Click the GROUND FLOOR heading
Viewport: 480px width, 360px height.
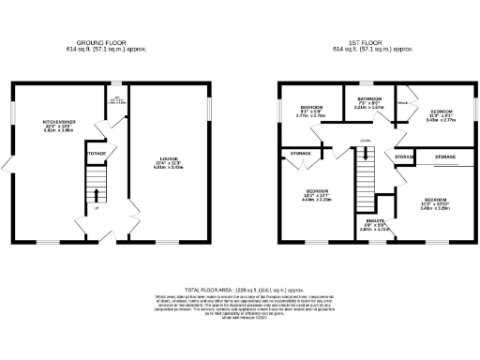[120, 42]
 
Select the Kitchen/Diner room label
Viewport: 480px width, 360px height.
[57, 127]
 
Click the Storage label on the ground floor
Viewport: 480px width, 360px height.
[97, 152]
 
